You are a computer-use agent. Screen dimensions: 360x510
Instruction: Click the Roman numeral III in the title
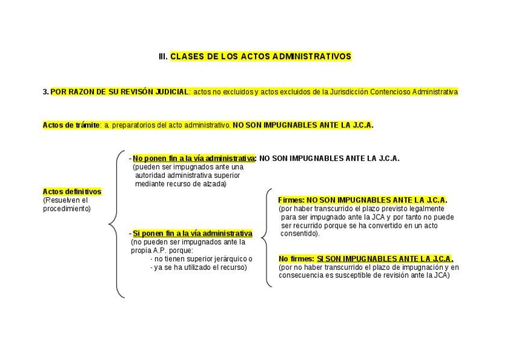[162, 56]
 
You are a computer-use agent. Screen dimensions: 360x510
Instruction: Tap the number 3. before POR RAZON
[46, 92]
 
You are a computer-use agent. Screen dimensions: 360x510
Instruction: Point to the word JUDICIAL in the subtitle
[171, 92]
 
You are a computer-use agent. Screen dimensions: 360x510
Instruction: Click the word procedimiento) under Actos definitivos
[67, 209]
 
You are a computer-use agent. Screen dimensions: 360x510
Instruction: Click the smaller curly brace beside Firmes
[266, 238]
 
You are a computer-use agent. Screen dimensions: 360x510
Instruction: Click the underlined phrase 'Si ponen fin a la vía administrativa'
[192, 233]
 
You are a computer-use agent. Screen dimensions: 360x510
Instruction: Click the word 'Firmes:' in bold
[292, 200]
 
